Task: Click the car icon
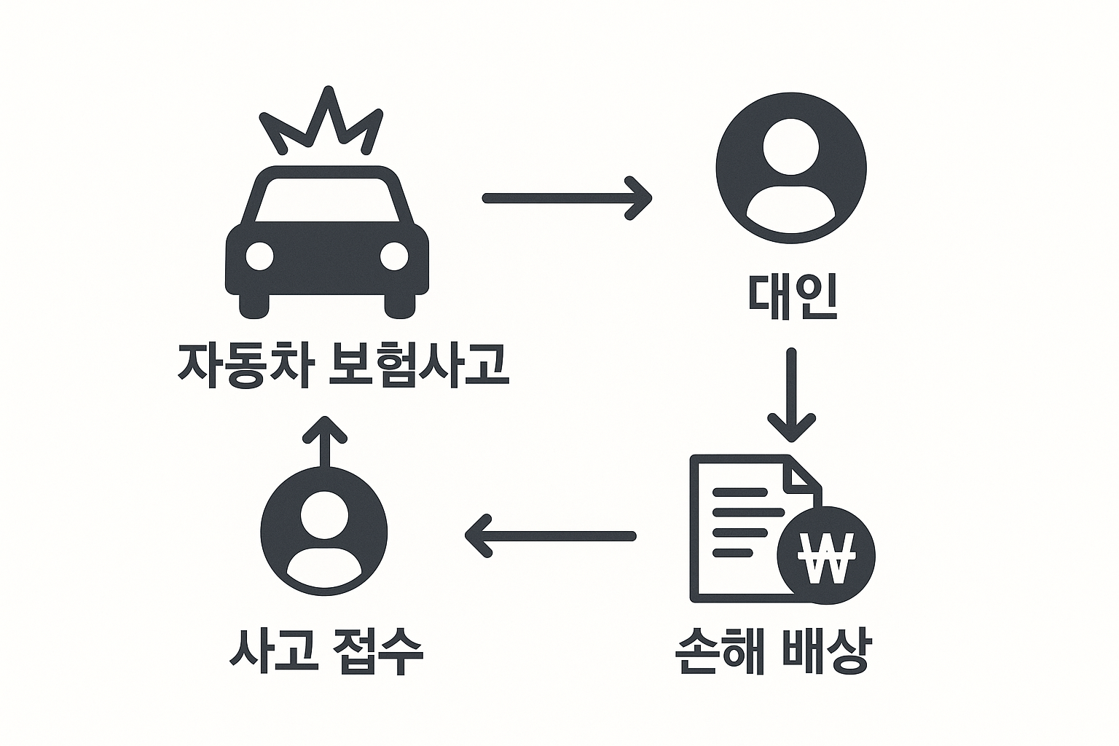pyautogui.click(x=327, y=248)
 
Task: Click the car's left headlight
pyautogui.click(x=259, y=256)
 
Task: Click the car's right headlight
pyautogui.click(x=395, y=256)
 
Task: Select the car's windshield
pyautogui.click(x=327, y=199)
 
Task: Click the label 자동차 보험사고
pyautogui.click(x=342, y=364)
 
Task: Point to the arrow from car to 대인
pyautogui.click(x=567, y=197)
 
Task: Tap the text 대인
pyautogui.click(x=792, y=297)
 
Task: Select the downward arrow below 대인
pyautogui.click(x=791, y=395)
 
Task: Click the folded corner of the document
pyautogui.click(x=805, y=471)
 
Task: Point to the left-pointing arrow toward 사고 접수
pyautogui.click(x=550, y=536)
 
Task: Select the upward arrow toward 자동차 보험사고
pyautogui.click(x=325, y=442)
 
